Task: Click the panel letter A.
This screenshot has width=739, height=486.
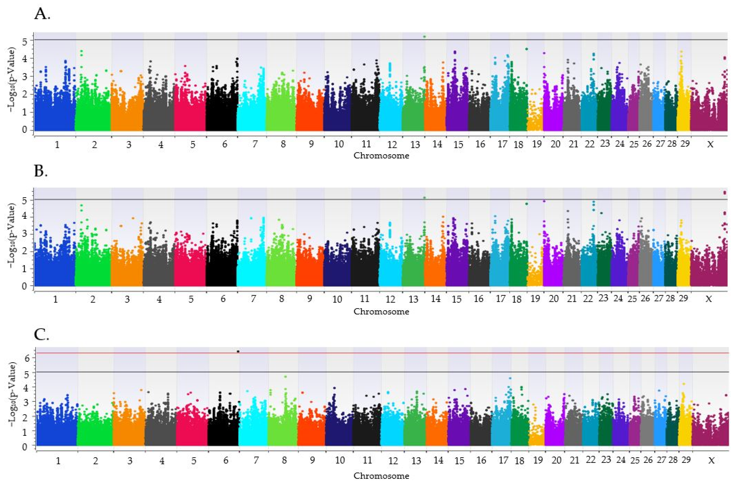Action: coord(42,14)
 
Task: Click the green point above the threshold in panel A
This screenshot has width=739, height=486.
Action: coord(424,36)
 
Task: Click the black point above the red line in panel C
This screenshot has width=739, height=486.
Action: coord(238,351)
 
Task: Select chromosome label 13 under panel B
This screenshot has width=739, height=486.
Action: coord(413,299)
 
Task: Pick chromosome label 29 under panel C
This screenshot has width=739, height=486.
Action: coord(686,460)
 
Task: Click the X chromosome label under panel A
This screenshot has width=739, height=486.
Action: coord(710,144)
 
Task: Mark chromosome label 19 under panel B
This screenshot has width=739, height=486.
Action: coord(535,299)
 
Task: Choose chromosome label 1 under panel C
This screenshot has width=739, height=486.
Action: coord(58,461)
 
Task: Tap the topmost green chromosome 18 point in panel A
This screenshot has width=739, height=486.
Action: coord(527,49)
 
